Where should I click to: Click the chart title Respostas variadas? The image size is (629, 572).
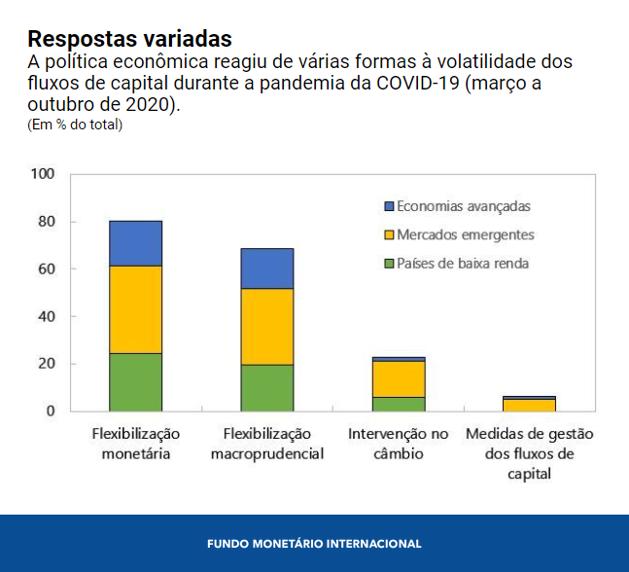pyautogui.click(x=129, y=39)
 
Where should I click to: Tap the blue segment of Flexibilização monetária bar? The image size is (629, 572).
pyautogui.click(x=135, y=243)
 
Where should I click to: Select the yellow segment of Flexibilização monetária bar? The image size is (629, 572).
pyautogui.click(x=135, y=309)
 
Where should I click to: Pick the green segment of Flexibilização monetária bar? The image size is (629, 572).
pyautogui.click(x=135, y=381)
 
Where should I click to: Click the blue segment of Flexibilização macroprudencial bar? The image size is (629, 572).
pyautogui.click(x=266, y=268)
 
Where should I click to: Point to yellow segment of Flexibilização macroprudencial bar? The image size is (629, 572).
pyautogui.click(x=266, y=327)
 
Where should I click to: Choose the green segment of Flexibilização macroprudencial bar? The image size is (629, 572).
pyautogui.click(x=266, y=387)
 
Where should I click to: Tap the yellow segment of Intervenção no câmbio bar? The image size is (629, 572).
pyautogui.click(x=399, y=378)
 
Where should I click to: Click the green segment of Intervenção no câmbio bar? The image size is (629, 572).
pyautogui.click(x=399, y=404)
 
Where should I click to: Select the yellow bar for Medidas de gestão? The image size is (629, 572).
pyautogui.click(x=530, y=405)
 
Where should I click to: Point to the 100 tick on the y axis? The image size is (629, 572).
pyautogui.click(x=43, y=174)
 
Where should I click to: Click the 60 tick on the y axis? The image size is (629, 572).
pyautogui.click(x=47, y=268)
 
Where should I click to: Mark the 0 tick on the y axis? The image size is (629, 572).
pyautogui.click(x=51, y=411)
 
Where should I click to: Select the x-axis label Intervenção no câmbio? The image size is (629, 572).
pyautogui.click(x=399, y=444)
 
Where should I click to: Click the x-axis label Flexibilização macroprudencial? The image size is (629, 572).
pyautogui.click(x=266, y=444)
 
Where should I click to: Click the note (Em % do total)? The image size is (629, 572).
pyautogui.click(x=75, y=124)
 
